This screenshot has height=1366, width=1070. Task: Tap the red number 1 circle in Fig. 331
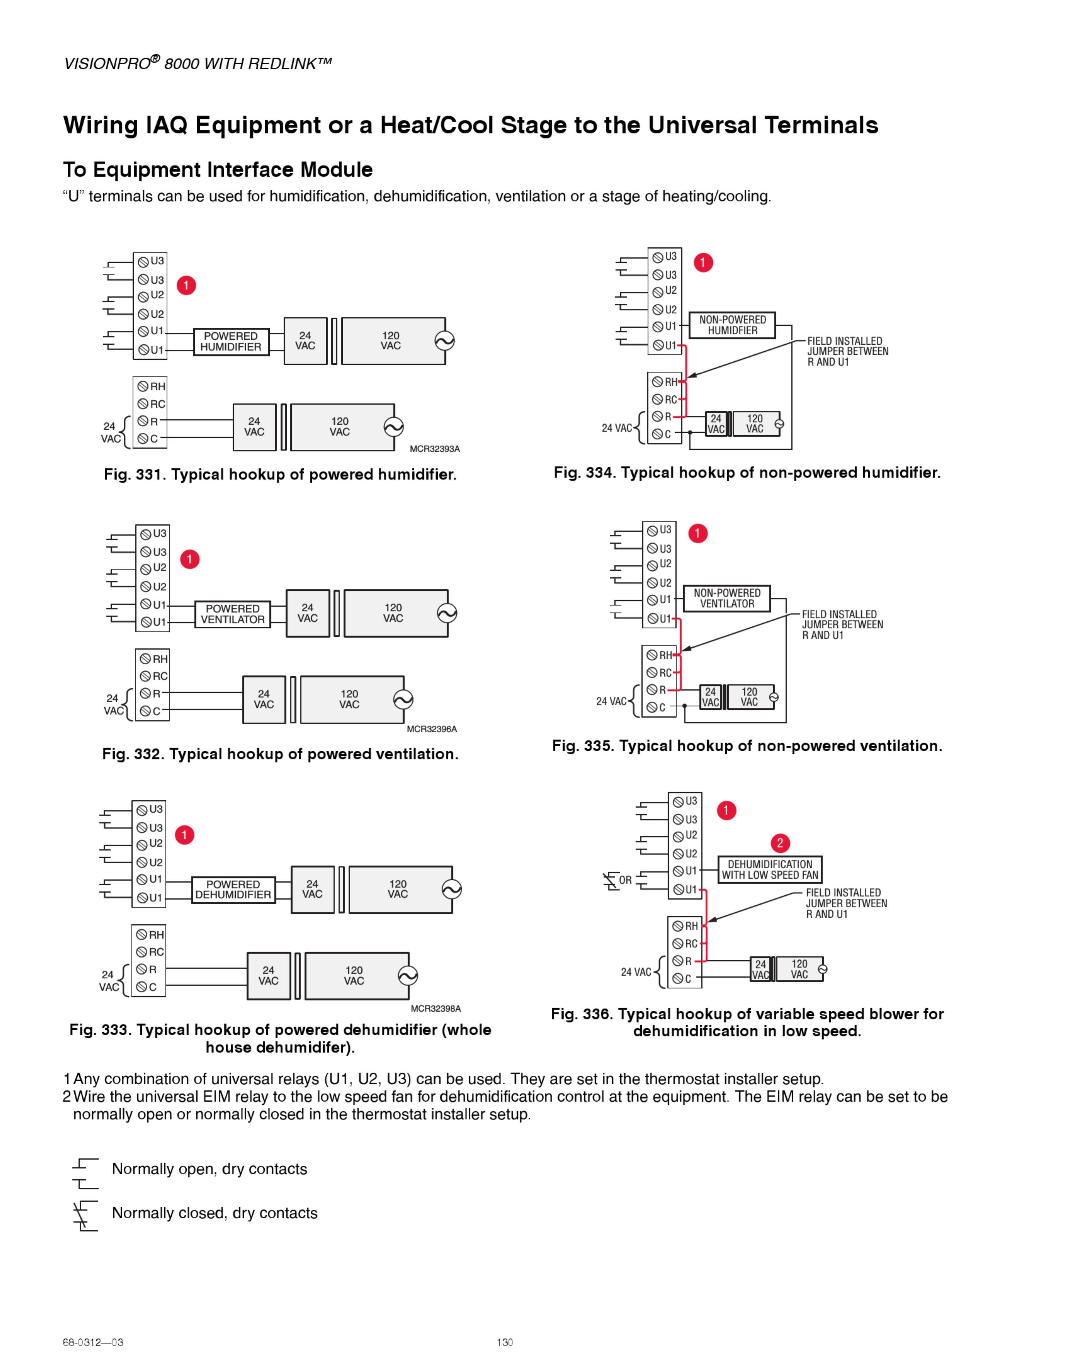pos(186,286)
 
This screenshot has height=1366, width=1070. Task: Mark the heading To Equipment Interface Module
pos(218,170)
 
